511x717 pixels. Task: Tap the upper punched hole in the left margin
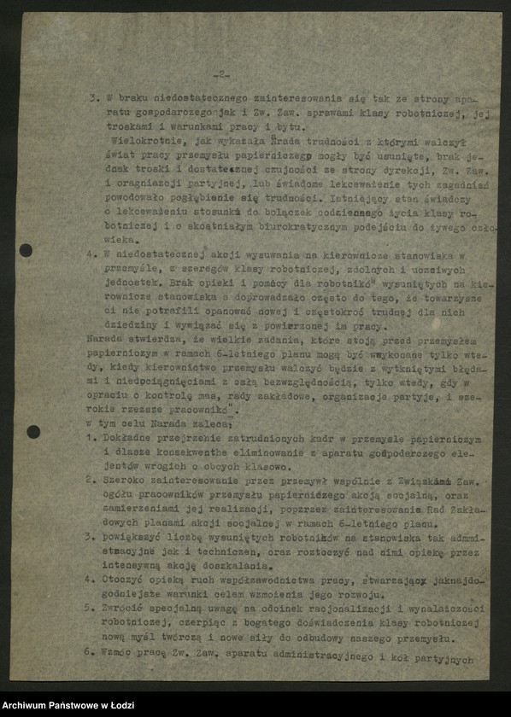[26, 250]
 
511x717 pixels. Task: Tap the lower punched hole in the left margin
[33, 432]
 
